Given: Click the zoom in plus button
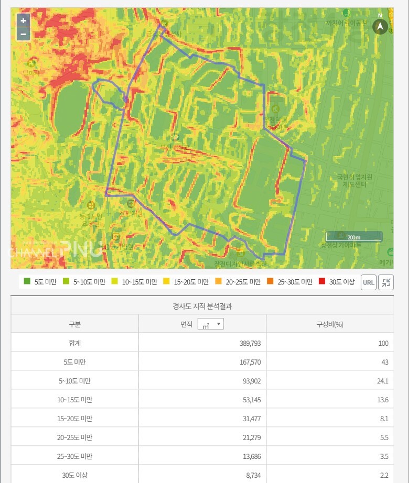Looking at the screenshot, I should [x=23, y=21].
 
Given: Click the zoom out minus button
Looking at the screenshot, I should [x=23, y=35].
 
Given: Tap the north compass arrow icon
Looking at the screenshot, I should [x=380, y=26].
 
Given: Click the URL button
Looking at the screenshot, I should [x=369, y=282].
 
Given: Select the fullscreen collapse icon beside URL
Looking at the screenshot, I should [x=386, y=282].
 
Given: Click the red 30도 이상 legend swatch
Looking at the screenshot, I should [x=324, y=282].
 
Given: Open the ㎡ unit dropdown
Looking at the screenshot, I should [x=211, y=324].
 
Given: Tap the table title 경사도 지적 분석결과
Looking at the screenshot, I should [x=202, y=306].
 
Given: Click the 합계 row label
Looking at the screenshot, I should [x=74, y=343].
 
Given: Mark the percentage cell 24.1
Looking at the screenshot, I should [x=382, y=381].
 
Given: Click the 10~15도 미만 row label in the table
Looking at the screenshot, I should [x=74, y=400].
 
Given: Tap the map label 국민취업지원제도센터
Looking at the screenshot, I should [x=355, y=181].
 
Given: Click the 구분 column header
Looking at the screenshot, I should [x=74, y=324].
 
